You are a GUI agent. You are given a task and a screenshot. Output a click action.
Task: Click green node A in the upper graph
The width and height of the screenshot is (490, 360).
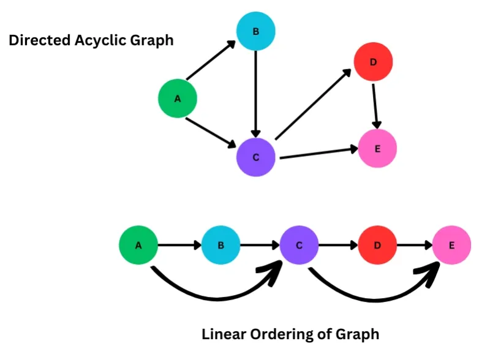tap(178, 98)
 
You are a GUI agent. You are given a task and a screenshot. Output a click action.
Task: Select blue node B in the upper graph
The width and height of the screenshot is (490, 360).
tap(256, 31)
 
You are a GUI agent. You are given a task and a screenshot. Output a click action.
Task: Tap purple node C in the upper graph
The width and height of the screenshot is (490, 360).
tap(256, 157)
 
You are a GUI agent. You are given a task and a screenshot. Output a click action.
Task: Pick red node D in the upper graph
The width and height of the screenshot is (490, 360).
tap(373, 62)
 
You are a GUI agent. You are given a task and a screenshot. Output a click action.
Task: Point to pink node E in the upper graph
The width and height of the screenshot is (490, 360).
tap(377, 148)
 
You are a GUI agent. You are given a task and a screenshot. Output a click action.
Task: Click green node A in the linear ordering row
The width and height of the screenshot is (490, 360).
tap(138, 246)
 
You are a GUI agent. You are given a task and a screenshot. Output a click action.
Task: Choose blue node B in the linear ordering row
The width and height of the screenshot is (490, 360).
tap(221, 246)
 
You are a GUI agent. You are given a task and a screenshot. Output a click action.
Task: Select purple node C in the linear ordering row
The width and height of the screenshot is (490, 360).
tap(300, 246)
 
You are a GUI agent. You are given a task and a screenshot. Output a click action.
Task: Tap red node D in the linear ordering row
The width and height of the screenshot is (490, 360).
tap(377, 246)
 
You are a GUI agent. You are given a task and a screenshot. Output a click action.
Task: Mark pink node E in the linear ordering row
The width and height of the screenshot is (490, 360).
tap(452, 246)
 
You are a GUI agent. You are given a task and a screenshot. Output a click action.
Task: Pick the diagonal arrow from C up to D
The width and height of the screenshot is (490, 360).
tap(312, 104)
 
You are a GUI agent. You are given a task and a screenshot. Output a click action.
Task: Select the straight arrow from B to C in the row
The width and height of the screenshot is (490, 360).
tap(260, 246)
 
